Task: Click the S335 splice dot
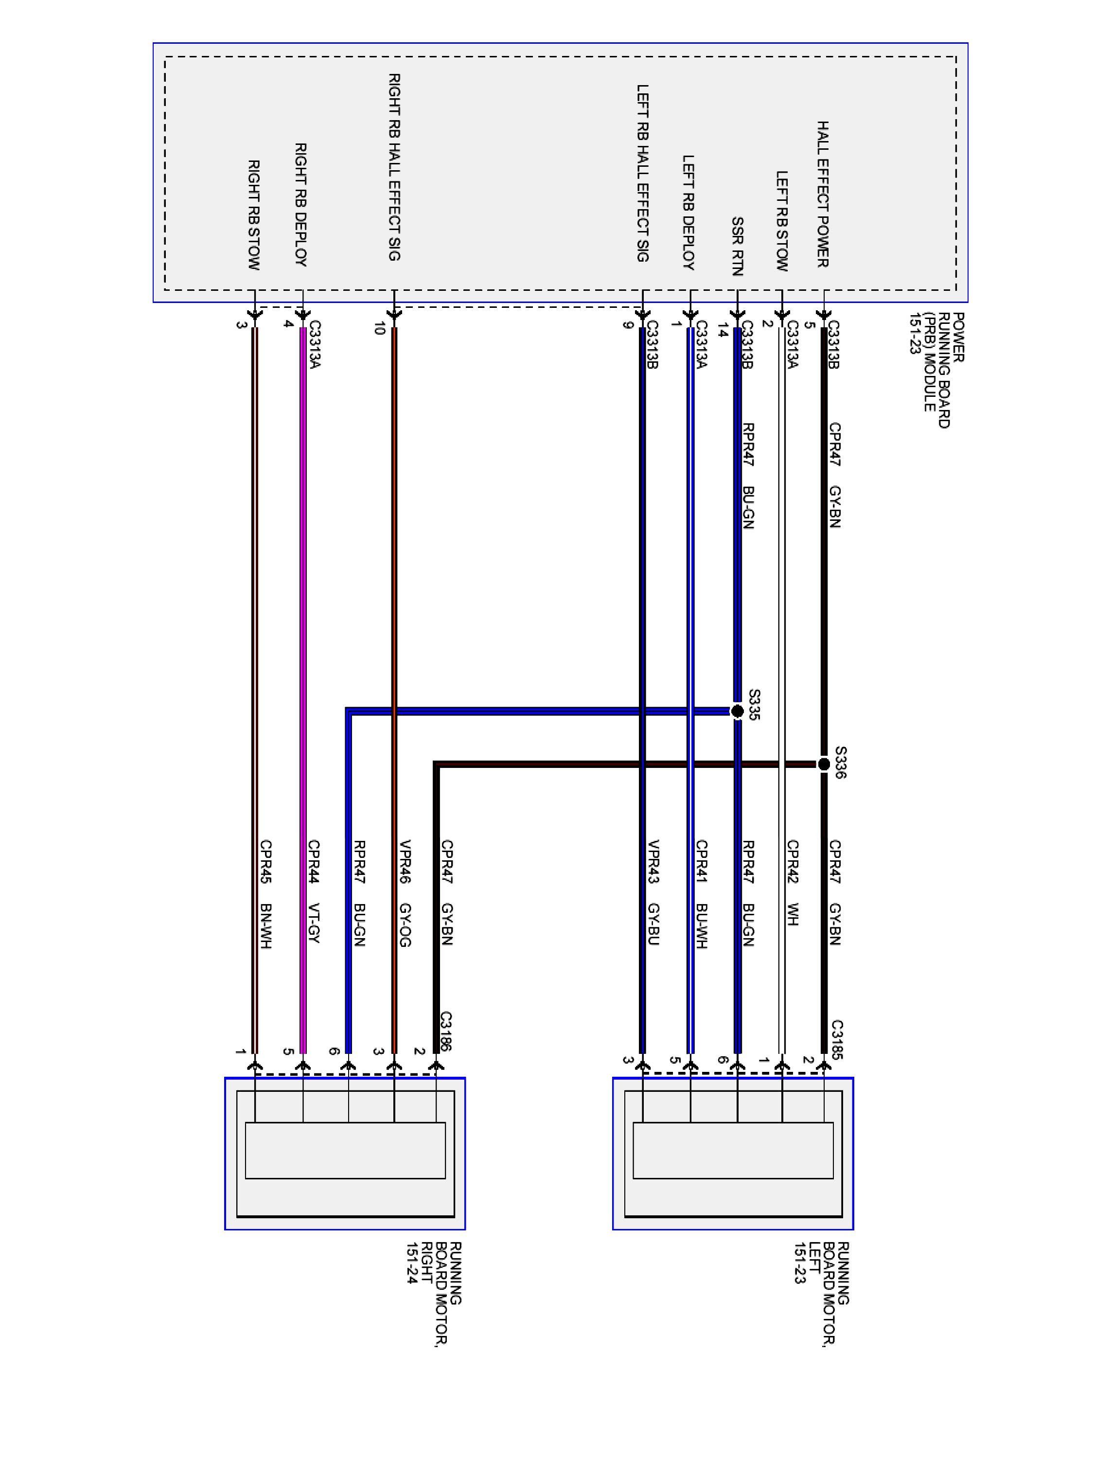[x=737, y=711]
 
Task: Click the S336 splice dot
[x=824, y=765]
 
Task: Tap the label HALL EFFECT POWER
[x=823, y=194]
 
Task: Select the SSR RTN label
[x=737, y=246]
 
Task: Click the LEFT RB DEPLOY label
[x=688, y=213]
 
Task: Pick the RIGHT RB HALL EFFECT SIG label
[x=394, y=167]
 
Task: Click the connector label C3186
[x=446, y=1031]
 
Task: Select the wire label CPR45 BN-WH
[x=266, y=894]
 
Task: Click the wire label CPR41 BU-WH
[x=701, y=894]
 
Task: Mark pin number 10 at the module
[x=379, y=328]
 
